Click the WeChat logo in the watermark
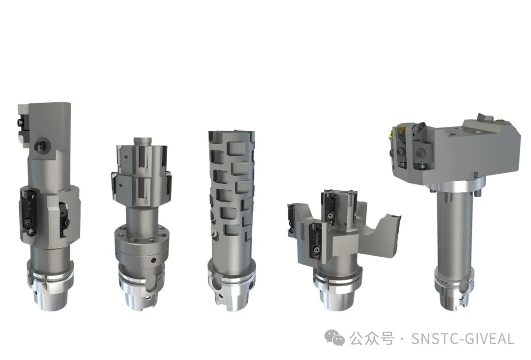click(334, 338)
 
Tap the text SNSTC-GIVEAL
click(463, 339)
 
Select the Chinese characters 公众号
click(372, 338)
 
